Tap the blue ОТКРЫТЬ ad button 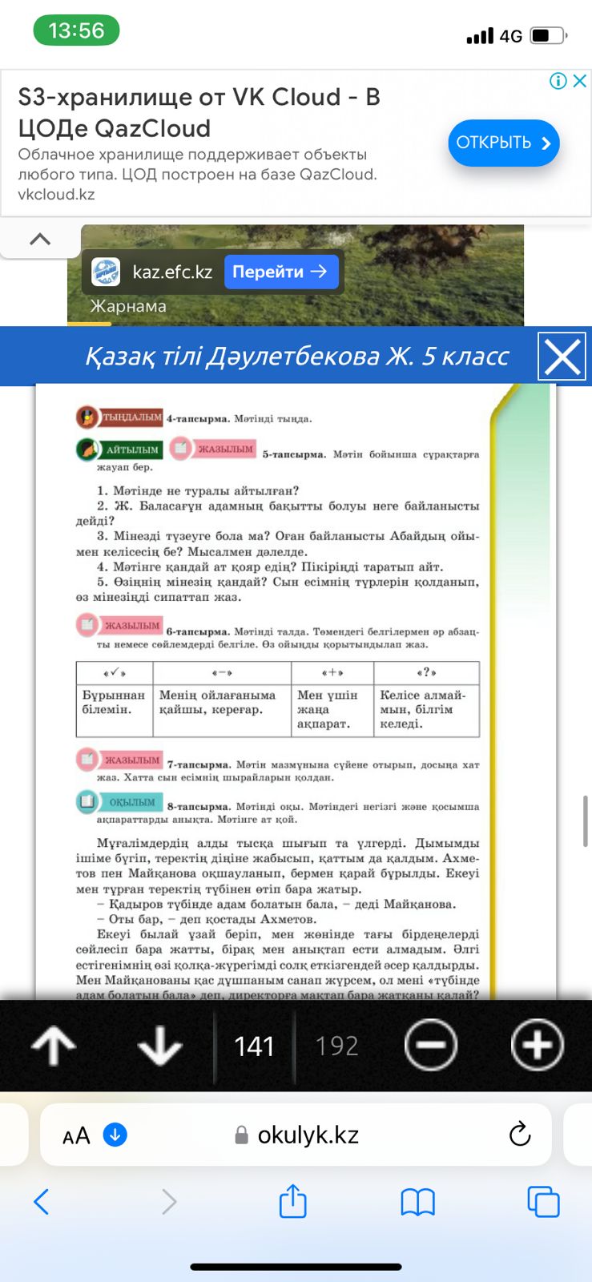coord(503,143)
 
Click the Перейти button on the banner coord(280,272)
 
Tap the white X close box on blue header coord(562,357)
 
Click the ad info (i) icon coord(558,81)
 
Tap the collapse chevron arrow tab coord(40,239)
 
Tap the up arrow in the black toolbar coord(54,1045)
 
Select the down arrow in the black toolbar coord(160,1045)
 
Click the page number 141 coord(254,1046)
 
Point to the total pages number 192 coord(336,1046)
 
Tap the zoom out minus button coord(431,1045)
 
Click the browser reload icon coord(520,1135)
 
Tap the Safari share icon coord(292,1202)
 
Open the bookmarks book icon coord(417,1202)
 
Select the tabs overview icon coord(543,1202)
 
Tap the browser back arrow coord(42,1202)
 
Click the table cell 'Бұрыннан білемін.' coord(114,703)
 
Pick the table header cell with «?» coord(426,672)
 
